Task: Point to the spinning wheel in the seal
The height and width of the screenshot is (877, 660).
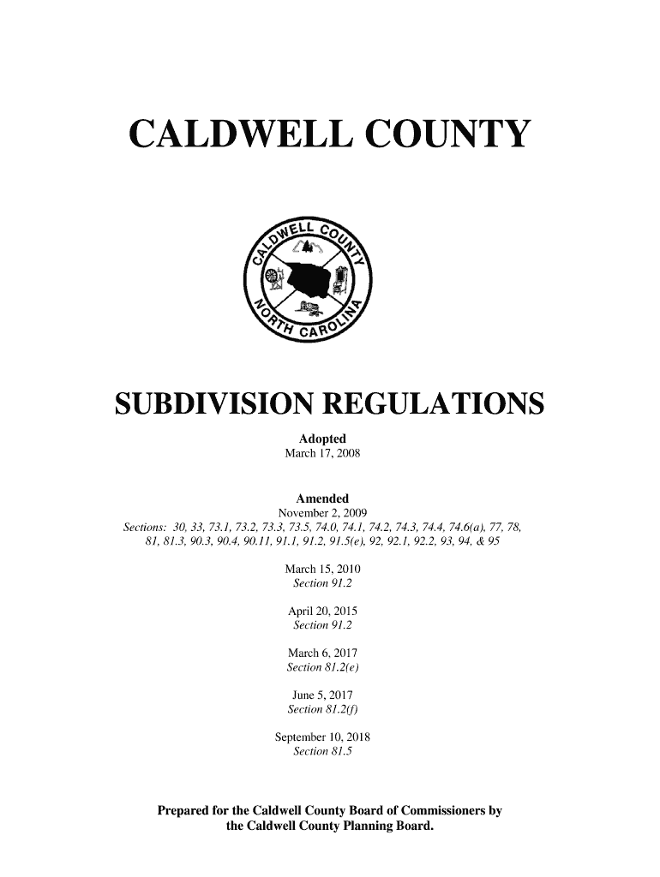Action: point(272,279)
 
